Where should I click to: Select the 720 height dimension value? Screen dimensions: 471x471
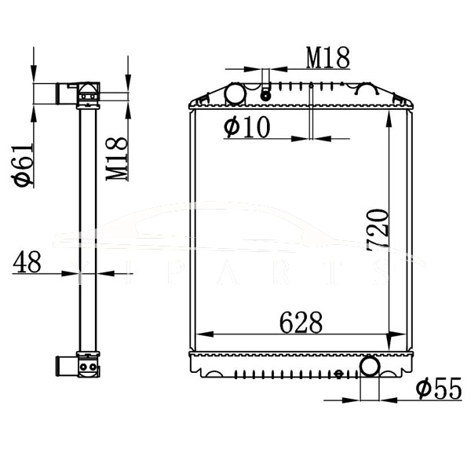pyautogui.click(x=378, y=230)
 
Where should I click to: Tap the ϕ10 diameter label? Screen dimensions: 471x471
pyautogui.click(x=246, y=126)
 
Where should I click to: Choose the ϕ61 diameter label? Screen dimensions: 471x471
pyautogui.click(x=23, y=165)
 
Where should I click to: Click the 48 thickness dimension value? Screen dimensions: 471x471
pyautogui.click(x=27, y=261)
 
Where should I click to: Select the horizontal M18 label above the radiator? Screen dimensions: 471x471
pyautogui.click(x=327, y=57)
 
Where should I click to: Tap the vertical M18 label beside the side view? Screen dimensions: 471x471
pyautogui.click(x=117, y=157)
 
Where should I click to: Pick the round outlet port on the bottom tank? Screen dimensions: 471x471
pyautogui.click(x=371, y=366)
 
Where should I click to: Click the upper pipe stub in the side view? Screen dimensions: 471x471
pyautogui.click(x=62, y=94)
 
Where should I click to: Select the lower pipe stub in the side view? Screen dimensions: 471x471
pyautogui.click(x=62, y=366)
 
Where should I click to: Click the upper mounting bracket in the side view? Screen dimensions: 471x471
pyautogui.click(x=86, y=95)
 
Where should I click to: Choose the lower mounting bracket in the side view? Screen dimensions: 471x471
pyautogui.click(x=86, y=365)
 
